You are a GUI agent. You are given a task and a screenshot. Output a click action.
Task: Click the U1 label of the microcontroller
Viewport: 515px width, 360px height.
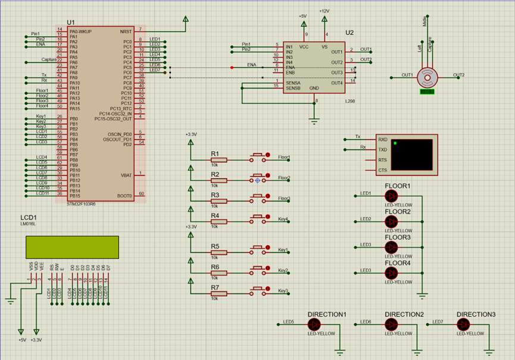point(71,22)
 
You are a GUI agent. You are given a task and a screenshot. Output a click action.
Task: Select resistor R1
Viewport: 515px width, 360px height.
point(219,159)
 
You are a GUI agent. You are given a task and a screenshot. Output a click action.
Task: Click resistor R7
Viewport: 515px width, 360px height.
point(219,293)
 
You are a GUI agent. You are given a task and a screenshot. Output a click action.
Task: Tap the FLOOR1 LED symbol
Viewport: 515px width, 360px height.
point(391,196)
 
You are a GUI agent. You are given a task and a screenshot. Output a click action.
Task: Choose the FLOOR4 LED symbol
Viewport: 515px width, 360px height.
point(391,273)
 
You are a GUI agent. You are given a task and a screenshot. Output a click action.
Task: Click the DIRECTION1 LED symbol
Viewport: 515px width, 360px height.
point(314,324)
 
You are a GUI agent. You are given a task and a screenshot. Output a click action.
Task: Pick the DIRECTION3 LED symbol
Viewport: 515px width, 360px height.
point(463,324)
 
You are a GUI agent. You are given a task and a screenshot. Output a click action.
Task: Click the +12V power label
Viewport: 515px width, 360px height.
point(324,11)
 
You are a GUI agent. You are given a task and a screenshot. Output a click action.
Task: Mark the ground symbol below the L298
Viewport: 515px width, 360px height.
point(314,120)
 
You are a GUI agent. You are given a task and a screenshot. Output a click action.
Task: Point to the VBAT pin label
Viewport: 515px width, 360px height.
point(126,174)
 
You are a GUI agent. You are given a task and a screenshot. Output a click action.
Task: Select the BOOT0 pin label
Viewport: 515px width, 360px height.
point(124,195)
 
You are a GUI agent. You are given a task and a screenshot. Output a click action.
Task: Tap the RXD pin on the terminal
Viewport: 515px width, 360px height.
point(382,139)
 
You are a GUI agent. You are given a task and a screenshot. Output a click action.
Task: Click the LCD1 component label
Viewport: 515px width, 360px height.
point(29,218)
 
